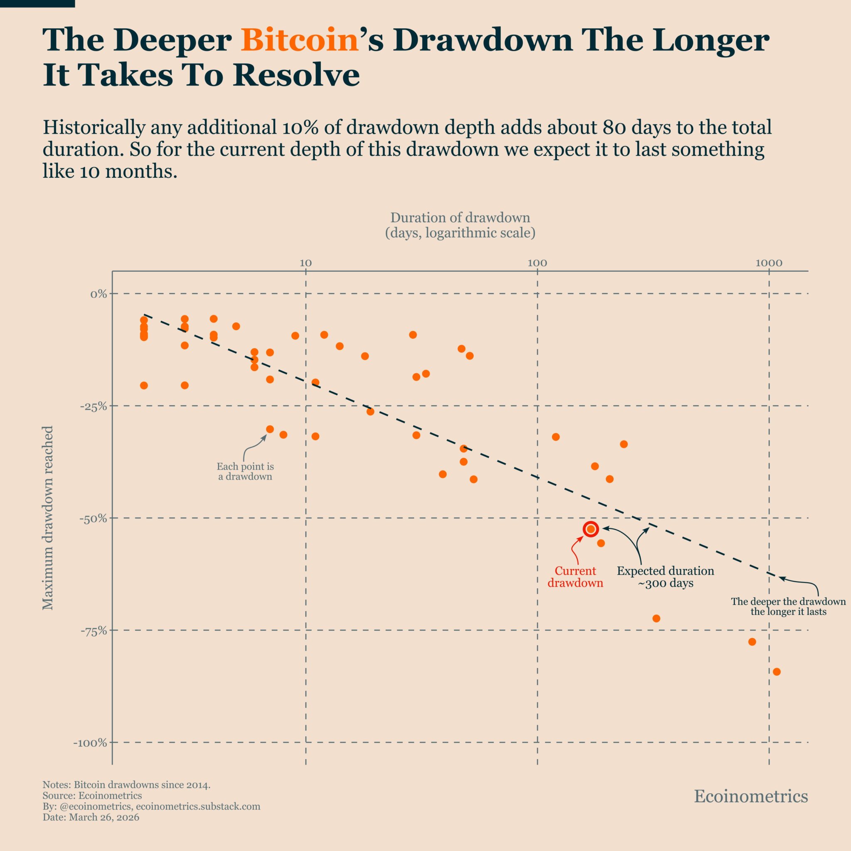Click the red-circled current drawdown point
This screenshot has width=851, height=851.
point(591,529)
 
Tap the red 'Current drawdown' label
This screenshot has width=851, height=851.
point(575,577)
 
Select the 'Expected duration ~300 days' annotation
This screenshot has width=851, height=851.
point(665,577)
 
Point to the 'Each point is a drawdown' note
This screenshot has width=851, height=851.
point(245,471)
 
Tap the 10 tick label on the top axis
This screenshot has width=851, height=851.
point(305,263)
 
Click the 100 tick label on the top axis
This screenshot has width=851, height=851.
point(537,263)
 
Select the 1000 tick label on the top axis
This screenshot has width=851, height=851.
point(769,263)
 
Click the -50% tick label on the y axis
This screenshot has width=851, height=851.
point(93,519)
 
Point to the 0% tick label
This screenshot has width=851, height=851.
point(98,294)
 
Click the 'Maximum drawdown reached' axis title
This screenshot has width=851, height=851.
point(47,518)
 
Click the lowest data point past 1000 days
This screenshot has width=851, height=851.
point(777,672)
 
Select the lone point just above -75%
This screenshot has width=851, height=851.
point(656,618)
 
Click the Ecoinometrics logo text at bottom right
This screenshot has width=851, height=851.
point(750,797)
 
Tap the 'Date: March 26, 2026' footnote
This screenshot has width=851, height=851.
point(91,817)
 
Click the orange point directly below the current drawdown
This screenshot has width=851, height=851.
point(601,543)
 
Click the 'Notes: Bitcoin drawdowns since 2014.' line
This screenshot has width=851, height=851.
point(126,785)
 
